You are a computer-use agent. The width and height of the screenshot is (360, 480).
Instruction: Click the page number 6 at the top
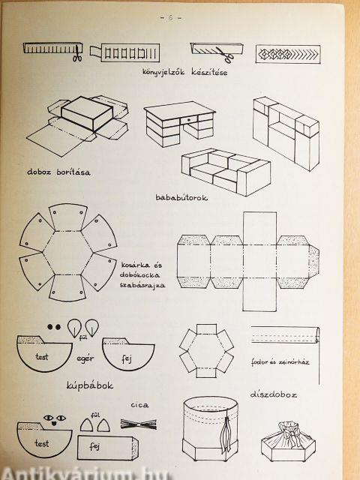point(171,18)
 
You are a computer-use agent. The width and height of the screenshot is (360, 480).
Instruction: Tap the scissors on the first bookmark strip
point(77,53)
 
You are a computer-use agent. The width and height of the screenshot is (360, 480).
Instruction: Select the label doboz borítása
point(58,172)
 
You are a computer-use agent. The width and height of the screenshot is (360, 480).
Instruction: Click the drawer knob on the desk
point(188,119)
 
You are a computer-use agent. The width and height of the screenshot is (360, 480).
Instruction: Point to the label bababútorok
point(181,197)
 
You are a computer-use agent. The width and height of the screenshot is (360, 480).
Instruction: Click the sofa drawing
point(226,172)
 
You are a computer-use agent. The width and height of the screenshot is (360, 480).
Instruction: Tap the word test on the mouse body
point(42,357)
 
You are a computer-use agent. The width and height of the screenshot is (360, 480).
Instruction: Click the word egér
point(85,358)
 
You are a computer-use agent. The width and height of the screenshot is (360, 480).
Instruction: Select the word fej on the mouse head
point(127,358)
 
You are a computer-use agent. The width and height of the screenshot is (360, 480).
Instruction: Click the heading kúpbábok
point(90,385)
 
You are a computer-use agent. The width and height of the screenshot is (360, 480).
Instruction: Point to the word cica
point(140,405)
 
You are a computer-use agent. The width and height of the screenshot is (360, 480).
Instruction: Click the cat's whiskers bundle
point(139,424)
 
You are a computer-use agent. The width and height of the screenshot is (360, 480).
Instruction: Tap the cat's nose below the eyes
point(54,424)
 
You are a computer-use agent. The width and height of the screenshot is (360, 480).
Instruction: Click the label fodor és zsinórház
point(280,362)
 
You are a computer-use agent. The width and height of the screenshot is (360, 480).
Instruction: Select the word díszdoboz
point(273,394)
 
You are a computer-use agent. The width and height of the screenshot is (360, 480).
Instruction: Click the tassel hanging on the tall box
point(226,435)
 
